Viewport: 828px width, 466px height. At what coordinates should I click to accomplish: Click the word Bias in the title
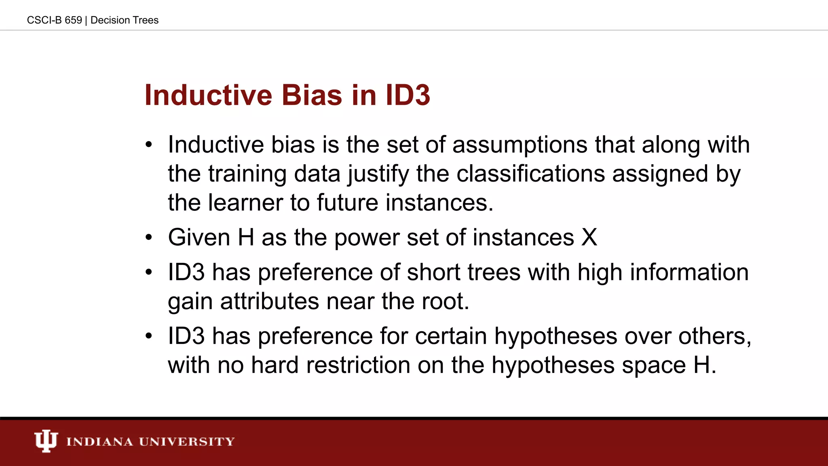tap(312, 95)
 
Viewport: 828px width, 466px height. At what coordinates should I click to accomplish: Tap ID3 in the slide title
tap(408, 95)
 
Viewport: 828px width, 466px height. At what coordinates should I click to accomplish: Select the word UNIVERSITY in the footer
tap(187, 441)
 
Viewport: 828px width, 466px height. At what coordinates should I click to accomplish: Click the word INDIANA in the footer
tap(99, 441)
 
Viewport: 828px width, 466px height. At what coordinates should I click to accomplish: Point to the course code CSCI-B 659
tap(54, 20)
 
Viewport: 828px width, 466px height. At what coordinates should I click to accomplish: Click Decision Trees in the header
tap(125, 20)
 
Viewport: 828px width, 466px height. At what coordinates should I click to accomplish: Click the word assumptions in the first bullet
tap(520, 145)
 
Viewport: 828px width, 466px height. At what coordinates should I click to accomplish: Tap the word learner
tap(245, 203)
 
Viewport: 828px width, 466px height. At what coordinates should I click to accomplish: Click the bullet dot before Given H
tap(149, 237)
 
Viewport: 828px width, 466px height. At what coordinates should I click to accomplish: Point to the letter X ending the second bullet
tap(589, 237)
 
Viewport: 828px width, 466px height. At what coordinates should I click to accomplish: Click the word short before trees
tap(433, 272)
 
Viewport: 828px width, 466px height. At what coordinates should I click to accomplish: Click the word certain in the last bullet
tap(451, 336)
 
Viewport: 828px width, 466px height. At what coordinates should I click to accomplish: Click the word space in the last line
tap(654, 365)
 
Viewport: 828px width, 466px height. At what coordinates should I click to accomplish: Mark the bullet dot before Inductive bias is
tap(149, 145)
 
